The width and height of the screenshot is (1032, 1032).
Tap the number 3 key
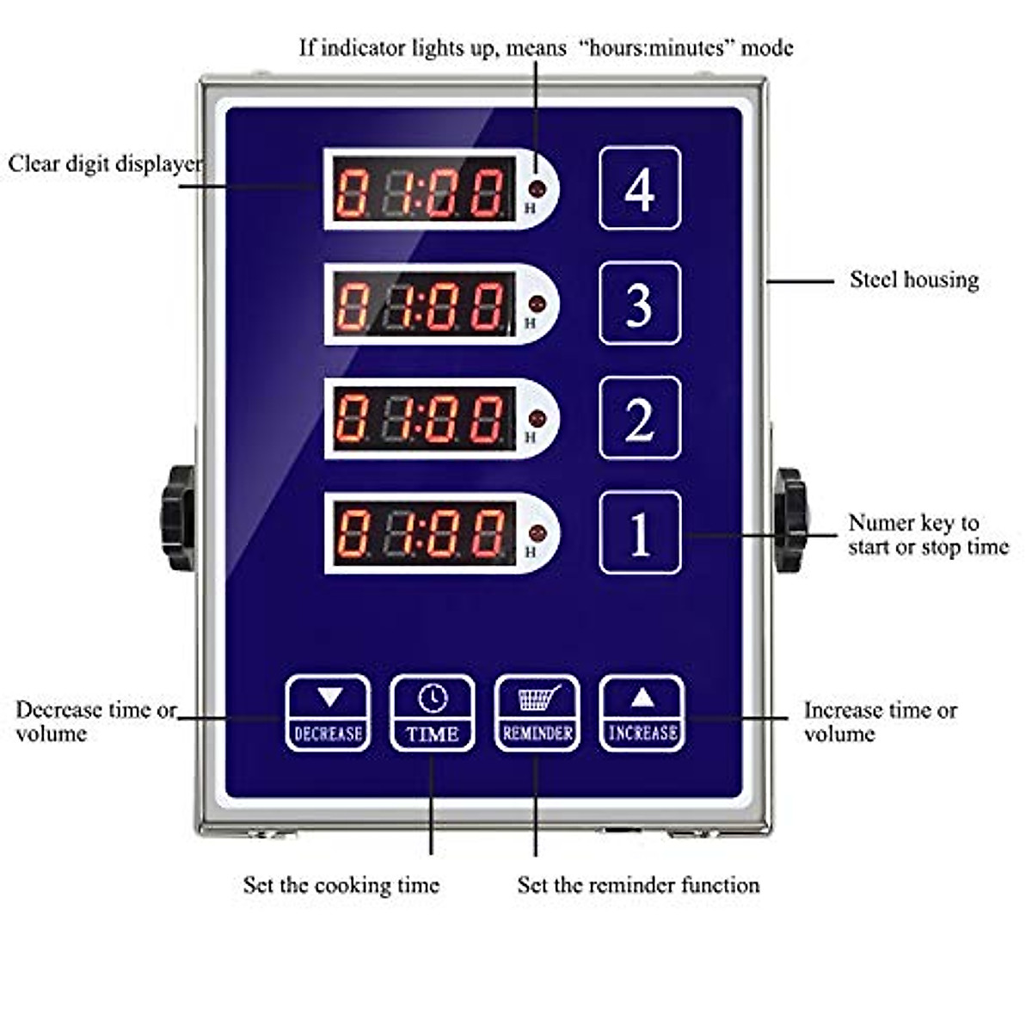pyautogui.click(x=640, y=303)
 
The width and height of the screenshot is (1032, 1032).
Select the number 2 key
pyautogui.click(x=640, y=418)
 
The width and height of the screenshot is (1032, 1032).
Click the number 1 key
pyautogui.click(x=640, y=533)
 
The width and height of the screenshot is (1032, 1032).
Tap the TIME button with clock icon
pyautogui.click(x=432, y=713)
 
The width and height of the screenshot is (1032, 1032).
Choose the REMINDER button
pyautogui.click(x=537, y=713)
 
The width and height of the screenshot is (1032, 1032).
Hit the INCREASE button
pyautogui.click(x=642, y=713)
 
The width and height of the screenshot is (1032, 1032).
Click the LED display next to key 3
pyautogui.click(x=421, y=304)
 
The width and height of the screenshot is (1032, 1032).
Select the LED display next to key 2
pyautogui.click(x=421, y=419)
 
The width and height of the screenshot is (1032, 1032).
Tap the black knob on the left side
pyautogui.click(x=179, y=518)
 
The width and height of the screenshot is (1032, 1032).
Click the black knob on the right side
pyautogui.click(x=789, y=519)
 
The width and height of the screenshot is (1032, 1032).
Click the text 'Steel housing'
pyautogui.click(x=913, y=279)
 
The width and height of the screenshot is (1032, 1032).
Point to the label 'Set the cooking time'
pyautogui.click(x=341, y=885)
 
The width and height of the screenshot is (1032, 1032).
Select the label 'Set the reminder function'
pyautogui.click(x=638, y=885)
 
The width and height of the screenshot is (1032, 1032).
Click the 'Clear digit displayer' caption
pyautogui.click(x=105, y=163)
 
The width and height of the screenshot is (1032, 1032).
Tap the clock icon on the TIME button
pyautogui.click(x=432, y=697)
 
